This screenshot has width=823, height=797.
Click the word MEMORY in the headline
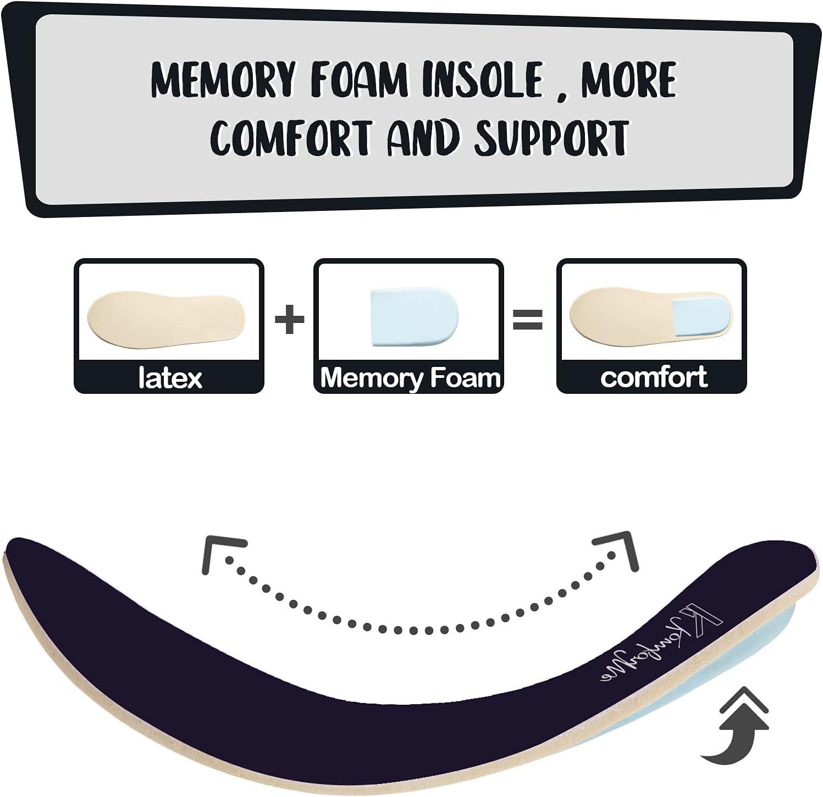point(224,81)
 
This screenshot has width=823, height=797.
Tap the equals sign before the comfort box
point(528,319)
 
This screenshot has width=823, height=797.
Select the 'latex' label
point(169,378)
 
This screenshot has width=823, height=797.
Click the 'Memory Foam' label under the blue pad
point(410,378)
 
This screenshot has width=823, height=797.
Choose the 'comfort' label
point(653,377)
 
